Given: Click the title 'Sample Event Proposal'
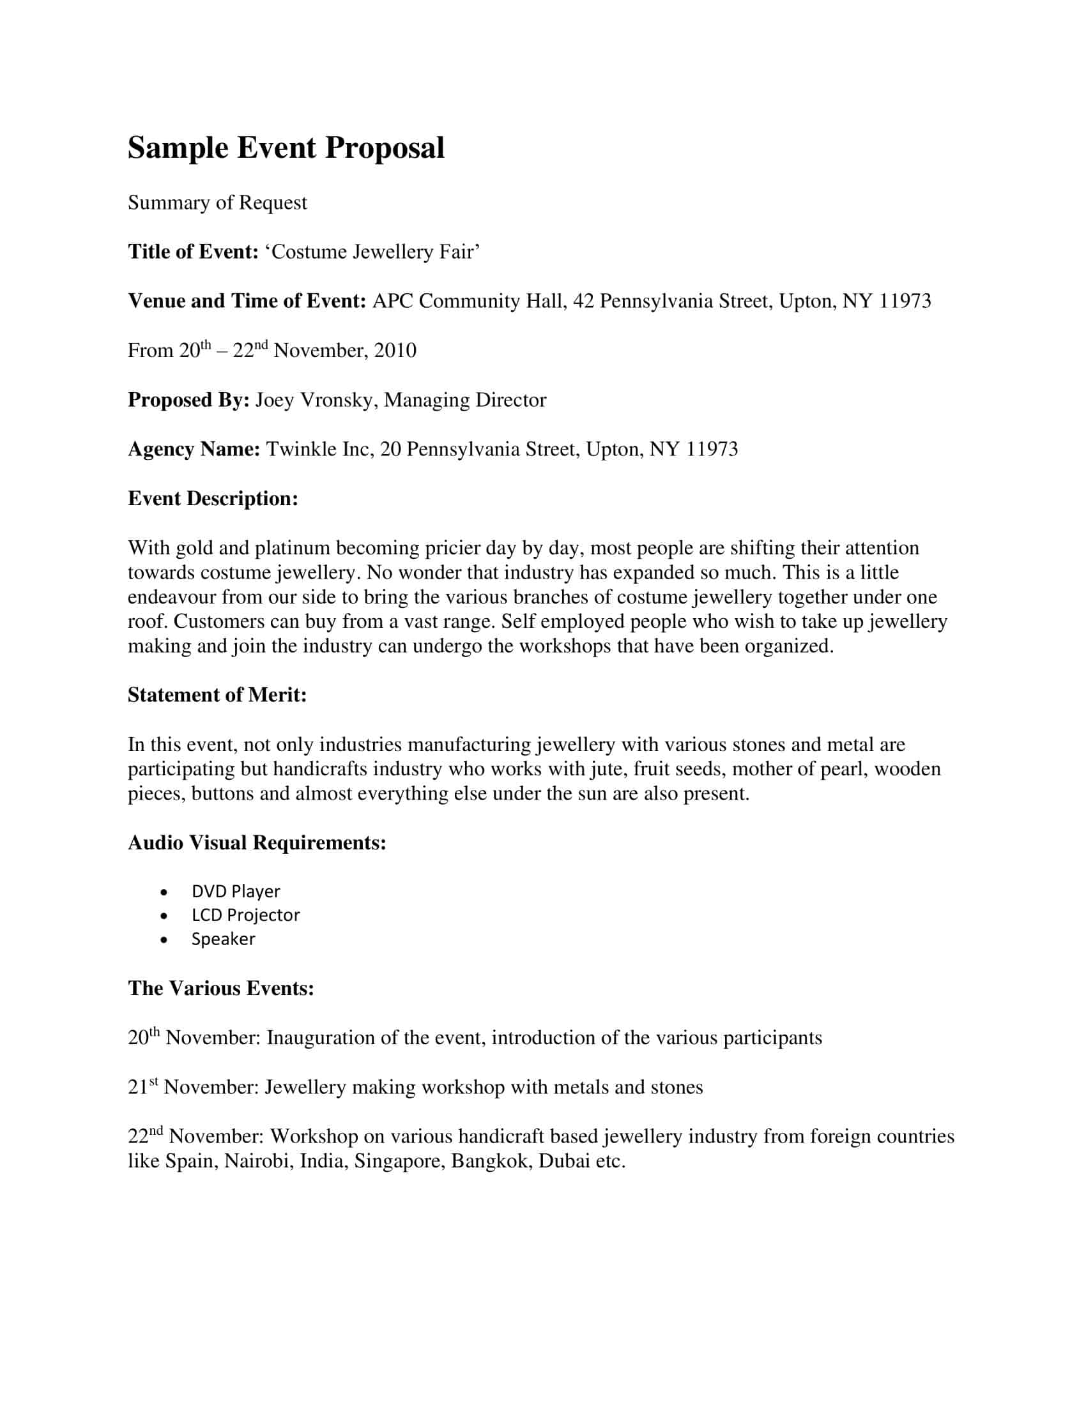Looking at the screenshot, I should click(x=286, y=148).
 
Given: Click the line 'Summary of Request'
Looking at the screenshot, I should click(x=217, y=202).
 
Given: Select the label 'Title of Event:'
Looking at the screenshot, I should click(x=193, y=252).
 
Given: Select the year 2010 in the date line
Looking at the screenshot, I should click(x=395, y=351).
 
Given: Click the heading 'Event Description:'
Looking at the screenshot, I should click(x=213, y=499).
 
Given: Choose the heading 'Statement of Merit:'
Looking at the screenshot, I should click(x=217, y=695).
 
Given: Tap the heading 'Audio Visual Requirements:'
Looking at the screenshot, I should click(x=257, y=843).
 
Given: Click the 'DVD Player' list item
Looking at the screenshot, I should click(x=236, y=892).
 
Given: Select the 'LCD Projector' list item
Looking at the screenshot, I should click(x=245, y=915).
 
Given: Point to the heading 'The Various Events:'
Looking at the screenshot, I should click(x=220, y=988).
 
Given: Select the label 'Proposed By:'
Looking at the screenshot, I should click(x=188, y=400).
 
